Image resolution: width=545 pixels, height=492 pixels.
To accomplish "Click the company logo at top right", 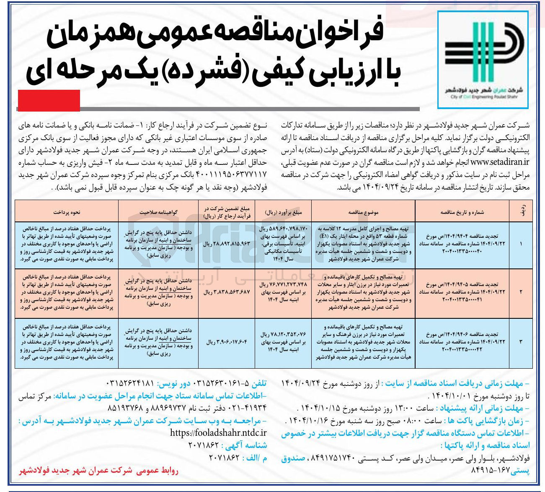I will tap(483, 59).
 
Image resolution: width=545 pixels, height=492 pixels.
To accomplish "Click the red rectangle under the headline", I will tap(49, 101).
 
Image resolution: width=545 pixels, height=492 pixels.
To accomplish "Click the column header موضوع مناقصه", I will tap(363, 212).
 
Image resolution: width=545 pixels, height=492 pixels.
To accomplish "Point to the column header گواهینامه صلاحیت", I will tap(158, 212).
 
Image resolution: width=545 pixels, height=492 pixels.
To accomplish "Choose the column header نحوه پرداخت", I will tap(66, 212).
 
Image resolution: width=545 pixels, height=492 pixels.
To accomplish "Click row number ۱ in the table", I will tap(521, 243).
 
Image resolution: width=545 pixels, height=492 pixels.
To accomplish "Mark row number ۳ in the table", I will tap(521, 342).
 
